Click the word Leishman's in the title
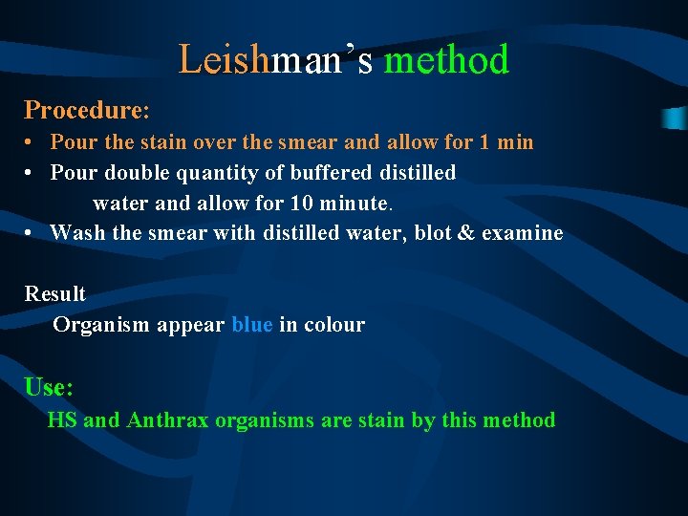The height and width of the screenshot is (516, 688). [x=276, y=60]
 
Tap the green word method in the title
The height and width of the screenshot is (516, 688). [x=446, y=60]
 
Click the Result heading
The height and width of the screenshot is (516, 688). [x=54, y=293]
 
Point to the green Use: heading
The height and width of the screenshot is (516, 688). [x=49, y=387]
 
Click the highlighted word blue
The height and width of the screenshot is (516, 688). [x=252, y=325]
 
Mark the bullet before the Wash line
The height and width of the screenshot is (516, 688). [x=32, y=233]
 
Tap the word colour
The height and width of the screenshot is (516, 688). [x=335, y=325]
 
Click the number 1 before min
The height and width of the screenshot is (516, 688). [x=485, y=142]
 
